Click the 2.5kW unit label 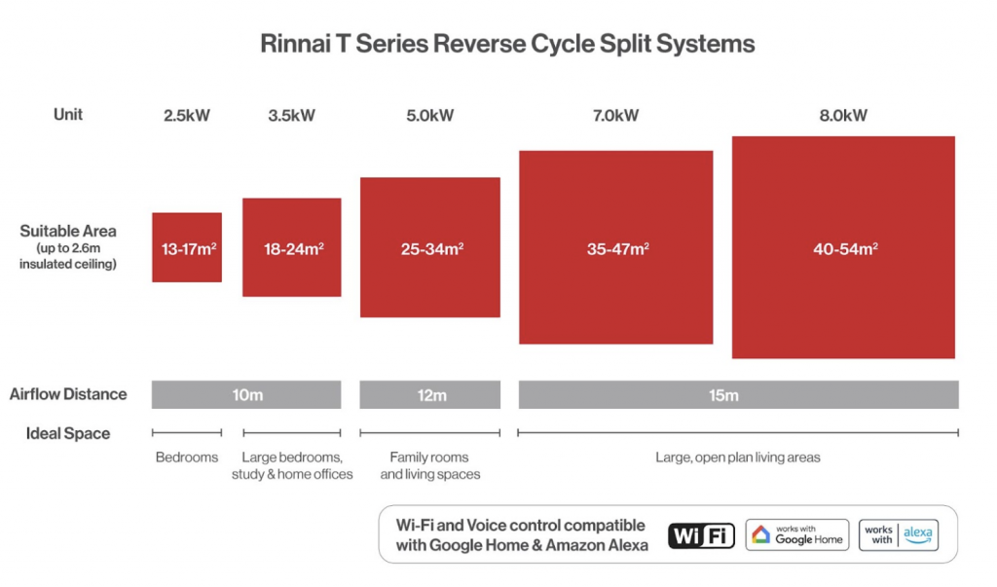coord(187,116)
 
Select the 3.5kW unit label coord(292,116)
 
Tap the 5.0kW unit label coord(430,116)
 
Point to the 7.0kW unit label coord(615,116)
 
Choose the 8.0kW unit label coord(843,116)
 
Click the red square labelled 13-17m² coord(187,247)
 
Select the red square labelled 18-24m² coord(292,247)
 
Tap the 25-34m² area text coord(430,248)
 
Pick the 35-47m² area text coord(616,248)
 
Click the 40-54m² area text coord(844,248)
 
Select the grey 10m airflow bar coord(246,395)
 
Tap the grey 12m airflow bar coord(430,395)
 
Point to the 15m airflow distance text coord(738,395)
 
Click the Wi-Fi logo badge coord(701,535)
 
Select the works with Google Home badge coord(796,535)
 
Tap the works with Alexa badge coord(899,535)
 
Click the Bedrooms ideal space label coord(187,457)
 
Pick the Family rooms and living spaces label coord(430,465)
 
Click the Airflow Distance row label coord(68,394)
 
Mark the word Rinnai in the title coord(294,44)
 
